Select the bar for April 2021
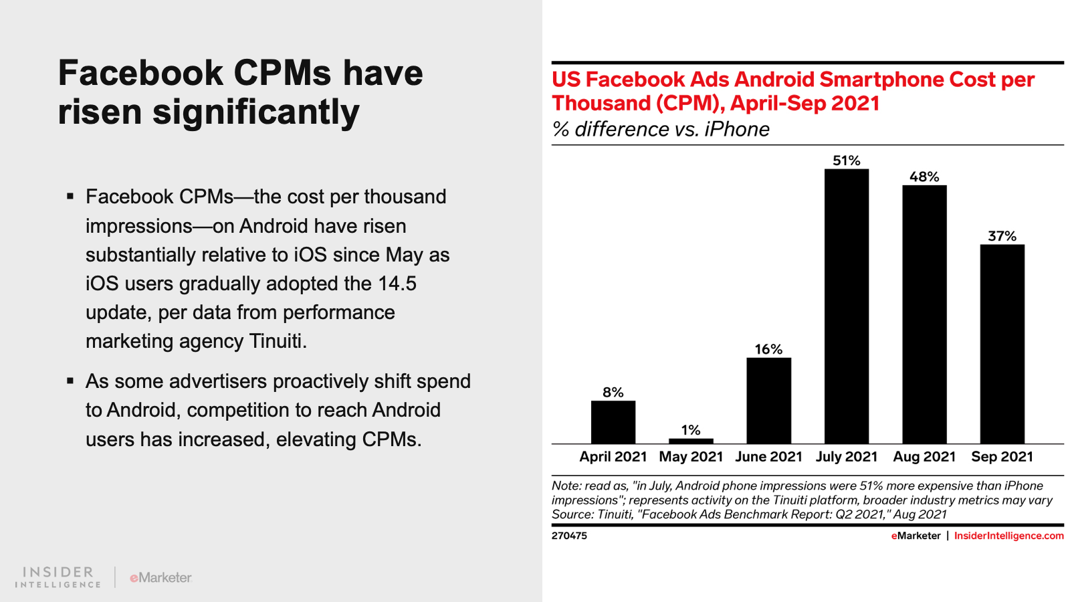click(x=613, y=422)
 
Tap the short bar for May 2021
click(x=691, y=441)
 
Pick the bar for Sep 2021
click(x=1002, y=344)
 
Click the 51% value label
click(x=846, y=161)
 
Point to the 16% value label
click(x=768, y=349)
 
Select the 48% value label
click(x=924, y=177)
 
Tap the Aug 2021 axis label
click(x=924, y=457)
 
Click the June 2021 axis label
click(x=768, y=457)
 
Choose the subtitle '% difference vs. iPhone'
click(x=661, y=129)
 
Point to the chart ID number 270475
click(x=569, y=536)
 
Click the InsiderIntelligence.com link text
click(x=1008, y=536)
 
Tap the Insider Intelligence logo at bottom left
click(x=58, y=577)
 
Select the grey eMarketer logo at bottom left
click(x=160, y=577)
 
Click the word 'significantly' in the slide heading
click(x=255, y=112)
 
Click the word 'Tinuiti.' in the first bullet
click(x=278, y=341)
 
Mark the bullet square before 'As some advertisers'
click(x=70, y=381)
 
